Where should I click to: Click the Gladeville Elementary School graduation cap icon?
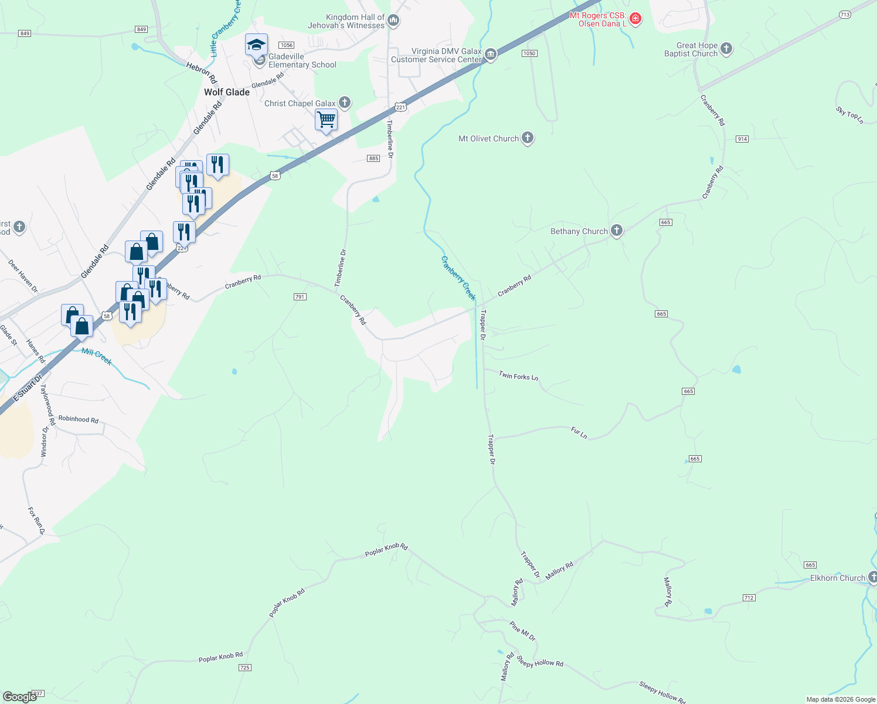(256, 45)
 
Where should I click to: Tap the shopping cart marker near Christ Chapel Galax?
(326, 120)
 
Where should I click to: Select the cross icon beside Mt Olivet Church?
(528, 138)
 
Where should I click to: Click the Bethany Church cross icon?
(616, 231)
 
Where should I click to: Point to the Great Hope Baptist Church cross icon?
(726, 49)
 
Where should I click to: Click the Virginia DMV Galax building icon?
(491, 55)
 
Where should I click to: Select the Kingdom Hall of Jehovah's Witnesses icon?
(393, 21)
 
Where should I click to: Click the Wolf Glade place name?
(227, 92)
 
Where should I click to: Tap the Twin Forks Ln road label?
(518, 376)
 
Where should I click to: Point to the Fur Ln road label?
(579, 433)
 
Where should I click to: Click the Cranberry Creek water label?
(458, 277)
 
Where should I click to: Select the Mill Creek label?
(97, 356)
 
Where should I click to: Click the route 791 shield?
(300, 297)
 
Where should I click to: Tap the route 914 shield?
(743, 139)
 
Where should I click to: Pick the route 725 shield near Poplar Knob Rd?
(245, 668)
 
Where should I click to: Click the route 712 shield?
(749, 598)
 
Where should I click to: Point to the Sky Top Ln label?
(849, 115)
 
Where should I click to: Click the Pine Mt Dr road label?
(522, 631)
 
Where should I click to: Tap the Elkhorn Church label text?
(837, 578)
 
